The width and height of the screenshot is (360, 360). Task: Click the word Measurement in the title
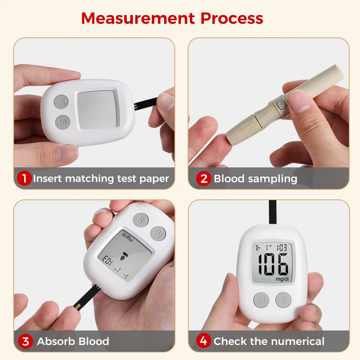[x=138, y=18]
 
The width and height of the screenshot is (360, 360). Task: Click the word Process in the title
[x=232, y=18]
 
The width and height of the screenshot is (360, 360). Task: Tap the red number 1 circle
[x=24, y=178]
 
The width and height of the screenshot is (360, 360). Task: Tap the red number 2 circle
[x=204, y=179]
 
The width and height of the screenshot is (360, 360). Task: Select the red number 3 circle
[x=26, y=341]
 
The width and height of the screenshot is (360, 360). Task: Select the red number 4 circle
[x=204, y=341]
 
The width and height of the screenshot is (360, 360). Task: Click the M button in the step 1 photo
[x=61, y=101]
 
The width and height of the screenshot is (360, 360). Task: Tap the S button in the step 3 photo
[x=140, y=220]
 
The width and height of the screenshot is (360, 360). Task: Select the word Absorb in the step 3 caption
[x=54, y=341]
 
